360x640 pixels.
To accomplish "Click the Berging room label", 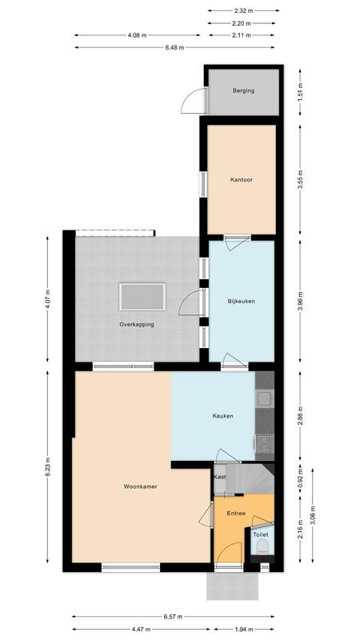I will (x=243, y=90).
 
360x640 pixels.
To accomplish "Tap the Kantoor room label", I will (x=242, y=180).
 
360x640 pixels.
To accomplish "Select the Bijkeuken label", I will (x=241, y=301).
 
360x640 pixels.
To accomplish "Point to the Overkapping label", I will (x=137, y=324).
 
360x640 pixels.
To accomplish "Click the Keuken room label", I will (x=223, y=415).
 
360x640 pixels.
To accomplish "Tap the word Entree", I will (x=236, y=513).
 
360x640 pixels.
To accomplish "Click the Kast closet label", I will (x=220, y=477).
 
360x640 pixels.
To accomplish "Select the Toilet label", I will (x=261, y=534).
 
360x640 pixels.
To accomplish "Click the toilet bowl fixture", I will (x=262, y=549).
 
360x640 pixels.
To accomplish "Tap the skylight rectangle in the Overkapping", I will (x=142, y=297).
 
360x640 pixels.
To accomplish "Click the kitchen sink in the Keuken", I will (x=265, y=398).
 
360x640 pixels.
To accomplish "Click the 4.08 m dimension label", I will (x=137, y=36).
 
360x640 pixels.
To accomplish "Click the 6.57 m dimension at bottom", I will (x=175, y=617).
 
